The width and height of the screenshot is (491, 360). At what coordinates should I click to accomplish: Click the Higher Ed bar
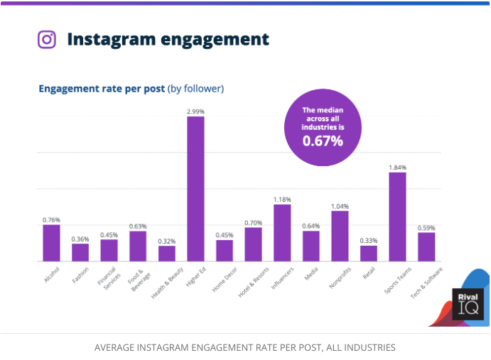195,189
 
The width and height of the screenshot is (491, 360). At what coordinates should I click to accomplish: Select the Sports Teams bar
397,217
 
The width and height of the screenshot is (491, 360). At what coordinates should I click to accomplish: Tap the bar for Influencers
282,233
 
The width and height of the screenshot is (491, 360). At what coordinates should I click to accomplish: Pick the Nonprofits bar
340,236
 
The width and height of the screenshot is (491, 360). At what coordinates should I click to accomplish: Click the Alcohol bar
51,243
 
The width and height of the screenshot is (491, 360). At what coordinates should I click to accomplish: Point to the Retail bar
369,253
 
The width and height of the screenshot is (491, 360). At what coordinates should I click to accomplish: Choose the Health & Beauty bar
167,253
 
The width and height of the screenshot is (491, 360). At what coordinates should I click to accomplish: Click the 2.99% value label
195,111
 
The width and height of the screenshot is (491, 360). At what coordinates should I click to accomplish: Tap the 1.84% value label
397,167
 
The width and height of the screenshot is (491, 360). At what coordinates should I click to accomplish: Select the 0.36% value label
80,239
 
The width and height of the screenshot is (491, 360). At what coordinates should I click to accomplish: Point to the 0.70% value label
253,222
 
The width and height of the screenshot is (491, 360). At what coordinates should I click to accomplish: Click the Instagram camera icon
47,39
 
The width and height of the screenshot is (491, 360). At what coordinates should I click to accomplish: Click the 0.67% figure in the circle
323,141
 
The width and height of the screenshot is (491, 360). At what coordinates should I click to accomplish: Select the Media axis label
311,274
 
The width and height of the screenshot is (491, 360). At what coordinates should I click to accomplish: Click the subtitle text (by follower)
195,89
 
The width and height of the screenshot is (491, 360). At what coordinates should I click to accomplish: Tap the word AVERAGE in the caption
119,348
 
